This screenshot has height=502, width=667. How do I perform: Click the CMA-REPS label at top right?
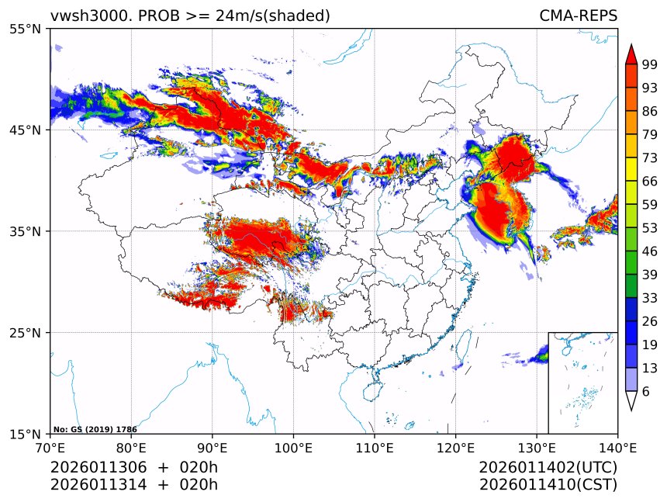(578, 16)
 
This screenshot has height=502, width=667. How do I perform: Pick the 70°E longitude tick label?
(50, 447)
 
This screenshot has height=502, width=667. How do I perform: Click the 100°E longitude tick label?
(293, 447)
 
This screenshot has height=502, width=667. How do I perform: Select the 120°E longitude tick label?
(455, 447)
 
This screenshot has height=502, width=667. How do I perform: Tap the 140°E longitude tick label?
(617, 447)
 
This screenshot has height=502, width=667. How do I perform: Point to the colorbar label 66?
(650, 182)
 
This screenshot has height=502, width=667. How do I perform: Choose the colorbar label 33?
(650, 299)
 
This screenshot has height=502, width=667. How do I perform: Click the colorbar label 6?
(646, 392)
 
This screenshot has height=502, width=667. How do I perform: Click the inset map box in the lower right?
(582, 383)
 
